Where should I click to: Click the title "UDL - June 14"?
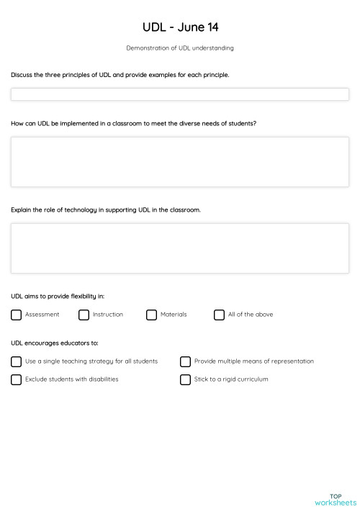[x=180, y=27]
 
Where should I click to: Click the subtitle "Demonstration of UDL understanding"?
[x=180, y=49]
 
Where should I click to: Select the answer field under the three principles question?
[x=180, y=94]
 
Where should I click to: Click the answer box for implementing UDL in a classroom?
[x=180, y=162]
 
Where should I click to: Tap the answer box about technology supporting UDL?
[x=180, y=248]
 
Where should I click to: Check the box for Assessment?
[x=17, y=315]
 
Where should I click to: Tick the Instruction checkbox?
[x=84, y=315]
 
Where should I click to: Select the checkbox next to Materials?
[x=152, y=315]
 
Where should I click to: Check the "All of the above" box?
[x=220, y=315]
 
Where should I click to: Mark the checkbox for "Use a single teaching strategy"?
[x=17, y=361]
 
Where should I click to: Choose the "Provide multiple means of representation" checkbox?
[x=186, y=361]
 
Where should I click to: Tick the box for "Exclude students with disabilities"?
[x=17, y=379]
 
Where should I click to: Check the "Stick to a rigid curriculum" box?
[x=186, y=379]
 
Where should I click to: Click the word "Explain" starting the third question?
[x=22, y=210]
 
